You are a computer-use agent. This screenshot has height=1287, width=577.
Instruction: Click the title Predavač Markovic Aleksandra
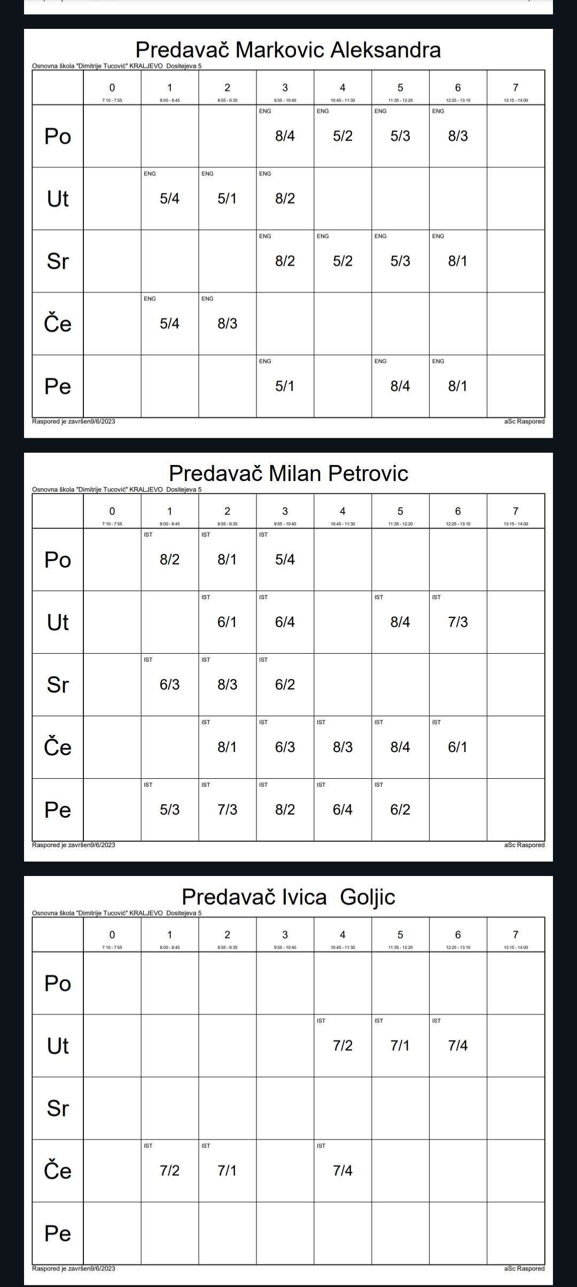point(288,50)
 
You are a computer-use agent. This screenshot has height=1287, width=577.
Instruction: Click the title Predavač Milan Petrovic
point(288,473)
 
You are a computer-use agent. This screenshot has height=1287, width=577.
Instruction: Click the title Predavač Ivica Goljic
point(288,896)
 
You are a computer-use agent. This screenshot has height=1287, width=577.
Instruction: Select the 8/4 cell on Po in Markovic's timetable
point(285,136)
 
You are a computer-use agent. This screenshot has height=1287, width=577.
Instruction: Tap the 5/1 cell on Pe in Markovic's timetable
point(285,386)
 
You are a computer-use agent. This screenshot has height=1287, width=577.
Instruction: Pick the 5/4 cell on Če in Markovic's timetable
point(169,323)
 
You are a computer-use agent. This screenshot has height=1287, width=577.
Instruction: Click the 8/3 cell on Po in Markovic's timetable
point(458,136)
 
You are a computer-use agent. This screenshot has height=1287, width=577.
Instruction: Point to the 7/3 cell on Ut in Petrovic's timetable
point(458,622)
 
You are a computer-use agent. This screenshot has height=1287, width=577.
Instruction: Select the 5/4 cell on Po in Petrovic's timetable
point(285,560)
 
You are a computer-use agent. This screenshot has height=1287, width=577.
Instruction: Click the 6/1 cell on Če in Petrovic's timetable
point(458,747)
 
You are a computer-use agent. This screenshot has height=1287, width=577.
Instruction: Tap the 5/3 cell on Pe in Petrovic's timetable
point(169,809)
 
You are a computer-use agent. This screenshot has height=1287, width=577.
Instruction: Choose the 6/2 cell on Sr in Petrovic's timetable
point(285,684)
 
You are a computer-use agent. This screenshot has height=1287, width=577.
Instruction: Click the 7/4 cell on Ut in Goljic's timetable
point(458,1045)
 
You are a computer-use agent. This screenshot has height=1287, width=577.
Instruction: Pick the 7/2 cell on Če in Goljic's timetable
point(169,1170)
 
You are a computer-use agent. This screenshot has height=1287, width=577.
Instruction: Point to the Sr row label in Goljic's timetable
point(58,1108)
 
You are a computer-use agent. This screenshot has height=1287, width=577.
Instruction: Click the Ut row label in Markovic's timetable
point(58,198)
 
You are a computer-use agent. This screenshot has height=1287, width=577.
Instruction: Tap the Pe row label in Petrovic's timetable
point(58,809)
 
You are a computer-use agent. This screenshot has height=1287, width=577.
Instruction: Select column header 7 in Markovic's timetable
point(516,88)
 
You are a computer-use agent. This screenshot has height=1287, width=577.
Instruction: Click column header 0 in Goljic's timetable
point(112,935)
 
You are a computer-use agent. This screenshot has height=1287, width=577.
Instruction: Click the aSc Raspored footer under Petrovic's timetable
point(524,845)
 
